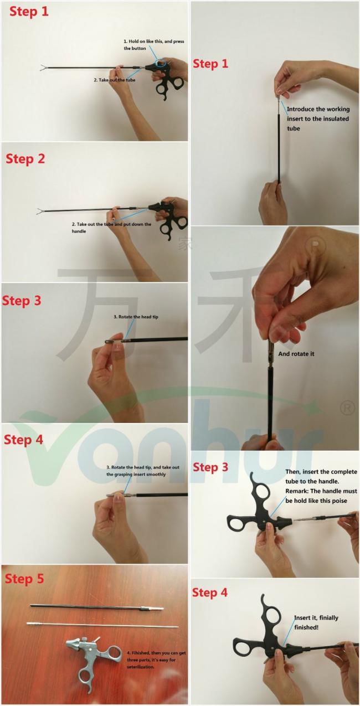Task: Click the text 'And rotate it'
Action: tap(296, 353)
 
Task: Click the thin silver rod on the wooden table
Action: tap(102, 625)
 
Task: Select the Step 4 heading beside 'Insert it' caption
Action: tap(209, 592)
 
